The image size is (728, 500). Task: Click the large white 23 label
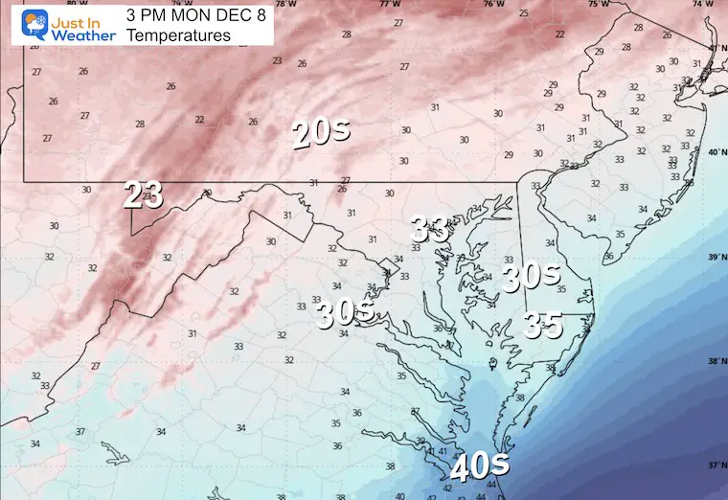(x=143, y=195)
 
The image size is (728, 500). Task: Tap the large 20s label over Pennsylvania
(x=321, y=135)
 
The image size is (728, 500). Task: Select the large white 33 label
(x=431, y=229)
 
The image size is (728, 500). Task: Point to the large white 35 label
(x=543, y=326)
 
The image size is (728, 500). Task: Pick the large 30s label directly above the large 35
(x=531, y=278)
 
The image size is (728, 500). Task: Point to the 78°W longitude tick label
(x=285, y=4)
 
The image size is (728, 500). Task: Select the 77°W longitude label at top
(x=390, y=4)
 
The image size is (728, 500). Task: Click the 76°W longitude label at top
(x=494, y=4)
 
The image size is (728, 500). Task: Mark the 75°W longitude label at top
(x=599, y=4)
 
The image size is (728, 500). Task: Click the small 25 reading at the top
(x=523, y=13)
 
